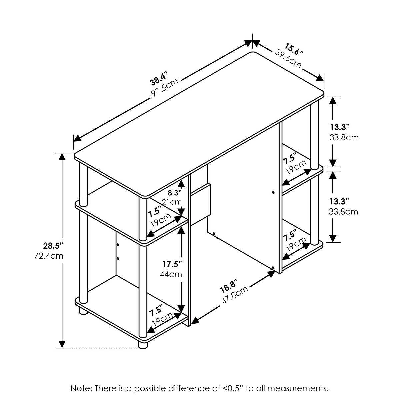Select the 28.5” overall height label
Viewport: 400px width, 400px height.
[53, 246]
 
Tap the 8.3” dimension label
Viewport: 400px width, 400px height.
[175, 192]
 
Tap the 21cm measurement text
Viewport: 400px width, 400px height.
[172, 201]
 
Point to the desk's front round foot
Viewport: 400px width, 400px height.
[143, 345]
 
